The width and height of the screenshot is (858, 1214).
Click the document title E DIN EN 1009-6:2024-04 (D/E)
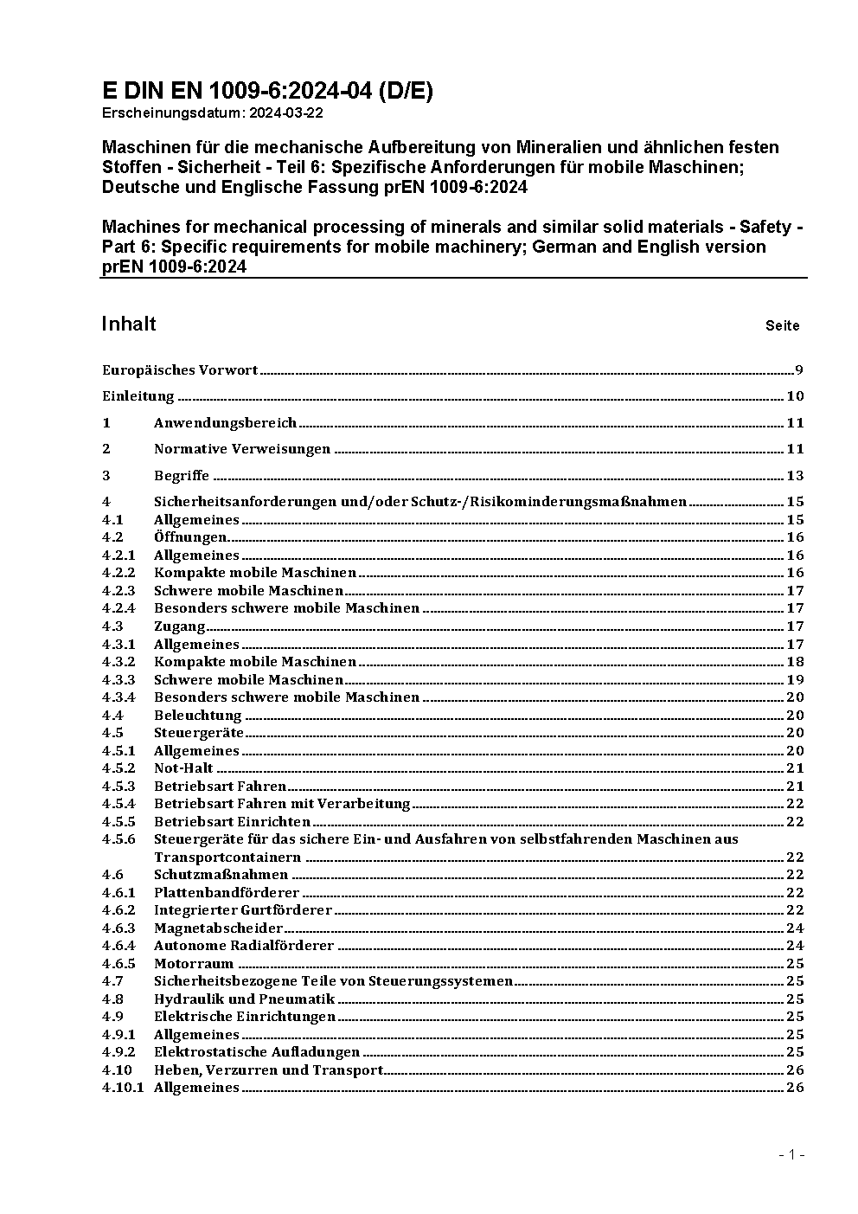[267, 91]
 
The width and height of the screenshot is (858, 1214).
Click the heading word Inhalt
[129, 324]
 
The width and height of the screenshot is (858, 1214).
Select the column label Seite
[782, 326]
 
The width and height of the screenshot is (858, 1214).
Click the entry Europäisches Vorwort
[180, 370]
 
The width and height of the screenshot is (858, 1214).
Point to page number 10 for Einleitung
[795, 396]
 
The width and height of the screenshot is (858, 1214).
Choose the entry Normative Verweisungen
[242, 449]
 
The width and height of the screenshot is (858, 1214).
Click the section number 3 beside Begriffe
[106, 475]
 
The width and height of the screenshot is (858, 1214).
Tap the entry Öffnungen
[190, 537]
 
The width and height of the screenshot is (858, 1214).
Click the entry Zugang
[180, 626]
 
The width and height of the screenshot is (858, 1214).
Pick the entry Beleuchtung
[198, 716]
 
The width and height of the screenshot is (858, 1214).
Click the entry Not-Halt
[183, 768]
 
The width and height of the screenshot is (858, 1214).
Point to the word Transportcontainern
[227, 858]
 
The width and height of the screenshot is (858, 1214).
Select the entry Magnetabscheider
[219, 928]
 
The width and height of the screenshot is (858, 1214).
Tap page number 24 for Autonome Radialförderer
[795, 946]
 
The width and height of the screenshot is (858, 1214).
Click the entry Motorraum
[194, 964]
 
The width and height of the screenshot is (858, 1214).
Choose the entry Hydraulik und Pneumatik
[232, 999]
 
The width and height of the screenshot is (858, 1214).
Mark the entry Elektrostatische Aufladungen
[257, 1052]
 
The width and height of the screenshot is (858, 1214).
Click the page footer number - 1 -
[792, 1154]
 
